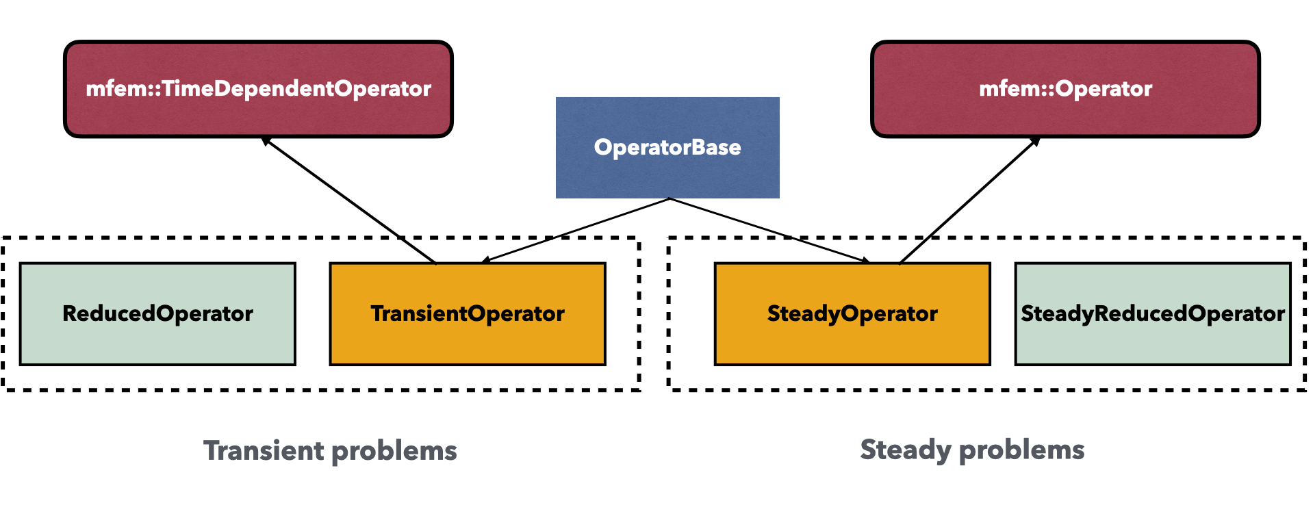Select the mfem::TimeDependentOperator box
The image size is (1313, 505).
(x=258, y=89)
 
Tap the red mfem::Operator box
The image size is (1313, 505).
(x=1065, y=89)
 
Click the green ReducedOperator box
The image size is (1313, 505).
(x=157, y=313)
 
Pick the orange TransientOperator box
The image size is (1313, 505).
(x=468, y=313)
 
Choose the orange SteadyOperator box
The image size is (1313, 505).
(x=852, y=313)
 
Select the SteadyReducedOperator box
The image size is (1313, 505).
(x=1153, y=313)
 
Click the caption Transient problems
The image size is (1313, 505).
(x=330, y=451)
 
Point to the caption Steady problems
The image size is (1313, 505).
(x=972, y=450)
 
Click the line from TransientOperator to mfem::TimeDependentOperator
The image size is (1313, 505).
(x=349, y=200)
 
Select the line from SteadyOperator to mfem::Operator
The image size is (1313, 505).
(x=969, y=200)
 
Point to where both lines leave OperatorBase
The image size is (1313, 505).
(x=669, y=199)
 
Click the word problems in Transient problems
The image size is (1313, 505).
(x=394, y=452)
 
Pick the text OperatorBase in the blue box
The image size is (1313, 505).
(x=667, y=147)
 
